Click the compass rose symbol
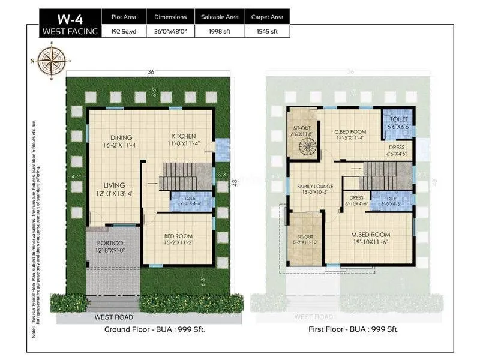[x=53, y=61]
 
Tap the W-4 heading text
[x=70, y=17]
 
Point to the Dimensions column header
[x=170, y=17]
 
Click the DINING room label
[x=121, y=137]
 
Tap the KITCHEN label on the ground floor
[x=183, y=136]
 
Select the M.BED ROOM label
[x=371, y=234]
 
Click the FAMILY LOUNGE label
[x=316, y=187]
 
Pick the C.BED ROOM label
[x=350, y=131]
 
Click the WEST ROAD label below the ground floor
[x=114, y=317]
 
